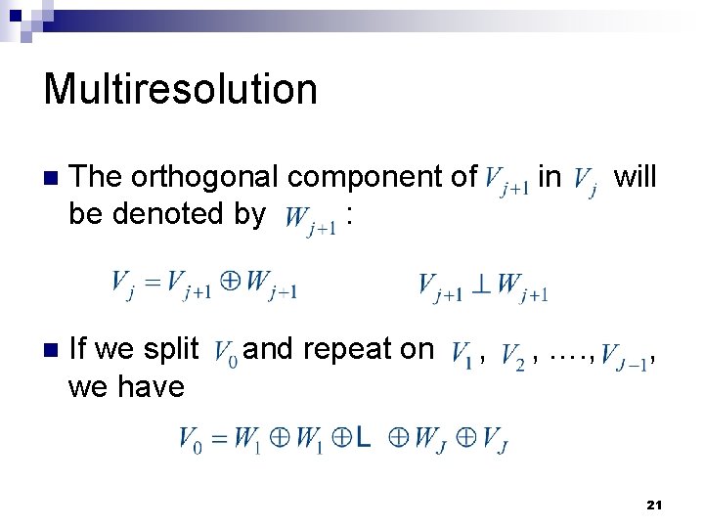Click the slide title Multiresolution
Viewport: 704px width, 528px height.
(181, 89)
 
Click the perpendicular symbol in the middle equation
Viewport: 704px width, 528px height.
(482, 285)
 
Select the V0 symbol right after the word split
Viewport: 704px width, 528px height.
(224, 351)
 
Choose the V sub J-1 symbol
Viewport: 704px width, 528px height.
(623, 353)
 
